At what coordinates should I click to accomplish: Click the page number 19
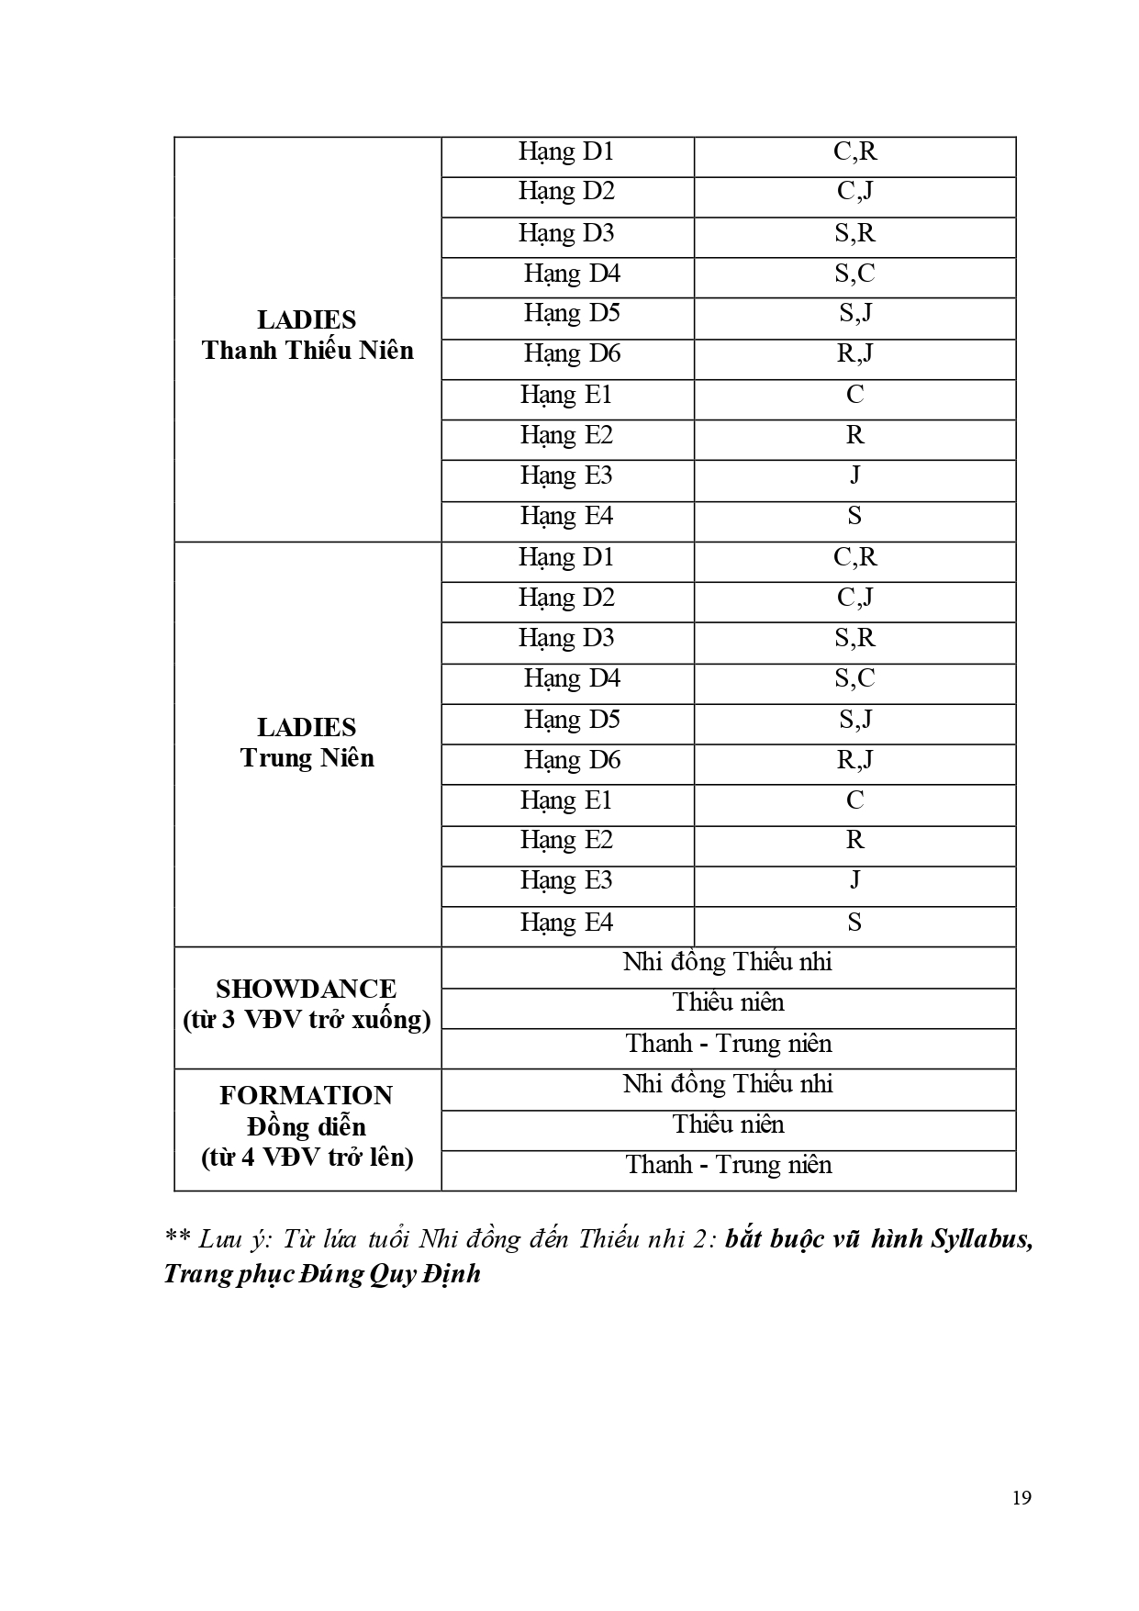[1022, 1498]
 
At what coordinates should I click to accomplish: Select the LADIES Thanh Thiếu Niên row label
[307, 335]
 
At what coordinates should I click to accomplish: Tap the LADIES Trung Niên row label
[307, 743]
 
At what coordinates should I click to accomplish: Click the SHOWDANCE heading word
[307, 989]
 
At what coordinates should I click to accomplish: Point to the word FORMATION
[307, 1095]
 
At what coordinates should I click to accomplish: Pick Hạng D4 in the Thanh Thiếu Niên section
[572, 274]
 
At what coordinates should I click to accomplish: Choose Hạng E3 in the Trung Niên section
[566, 880]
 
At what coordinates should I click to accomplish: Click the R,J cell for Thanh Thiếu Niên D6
[854, 353]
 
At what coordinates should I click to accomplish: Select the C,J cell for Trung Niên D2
[854, 598]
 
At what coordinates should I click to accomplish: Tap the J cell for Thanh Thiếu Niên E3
[854, 475]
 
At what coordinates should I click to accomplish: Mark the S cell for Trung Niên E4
[854, 922]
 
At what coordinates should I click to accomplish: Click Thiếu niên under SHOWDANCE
[728, 1002]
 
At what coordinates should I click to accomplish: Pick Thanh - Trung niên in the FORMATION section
[729, 1165]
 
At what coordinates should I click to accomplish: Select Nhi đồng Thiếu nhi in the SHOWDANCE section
[728, 962]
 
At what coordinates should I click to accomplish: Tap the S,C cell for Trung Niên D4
[854, 678]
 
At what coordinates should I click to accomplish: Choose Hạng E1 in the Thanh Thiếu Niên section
[566, 395]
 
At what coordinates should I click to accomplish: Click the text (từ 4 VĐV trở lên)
[307, 1157]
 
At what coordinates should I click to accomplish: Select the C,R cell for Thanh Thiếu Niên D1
[854, 151]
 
